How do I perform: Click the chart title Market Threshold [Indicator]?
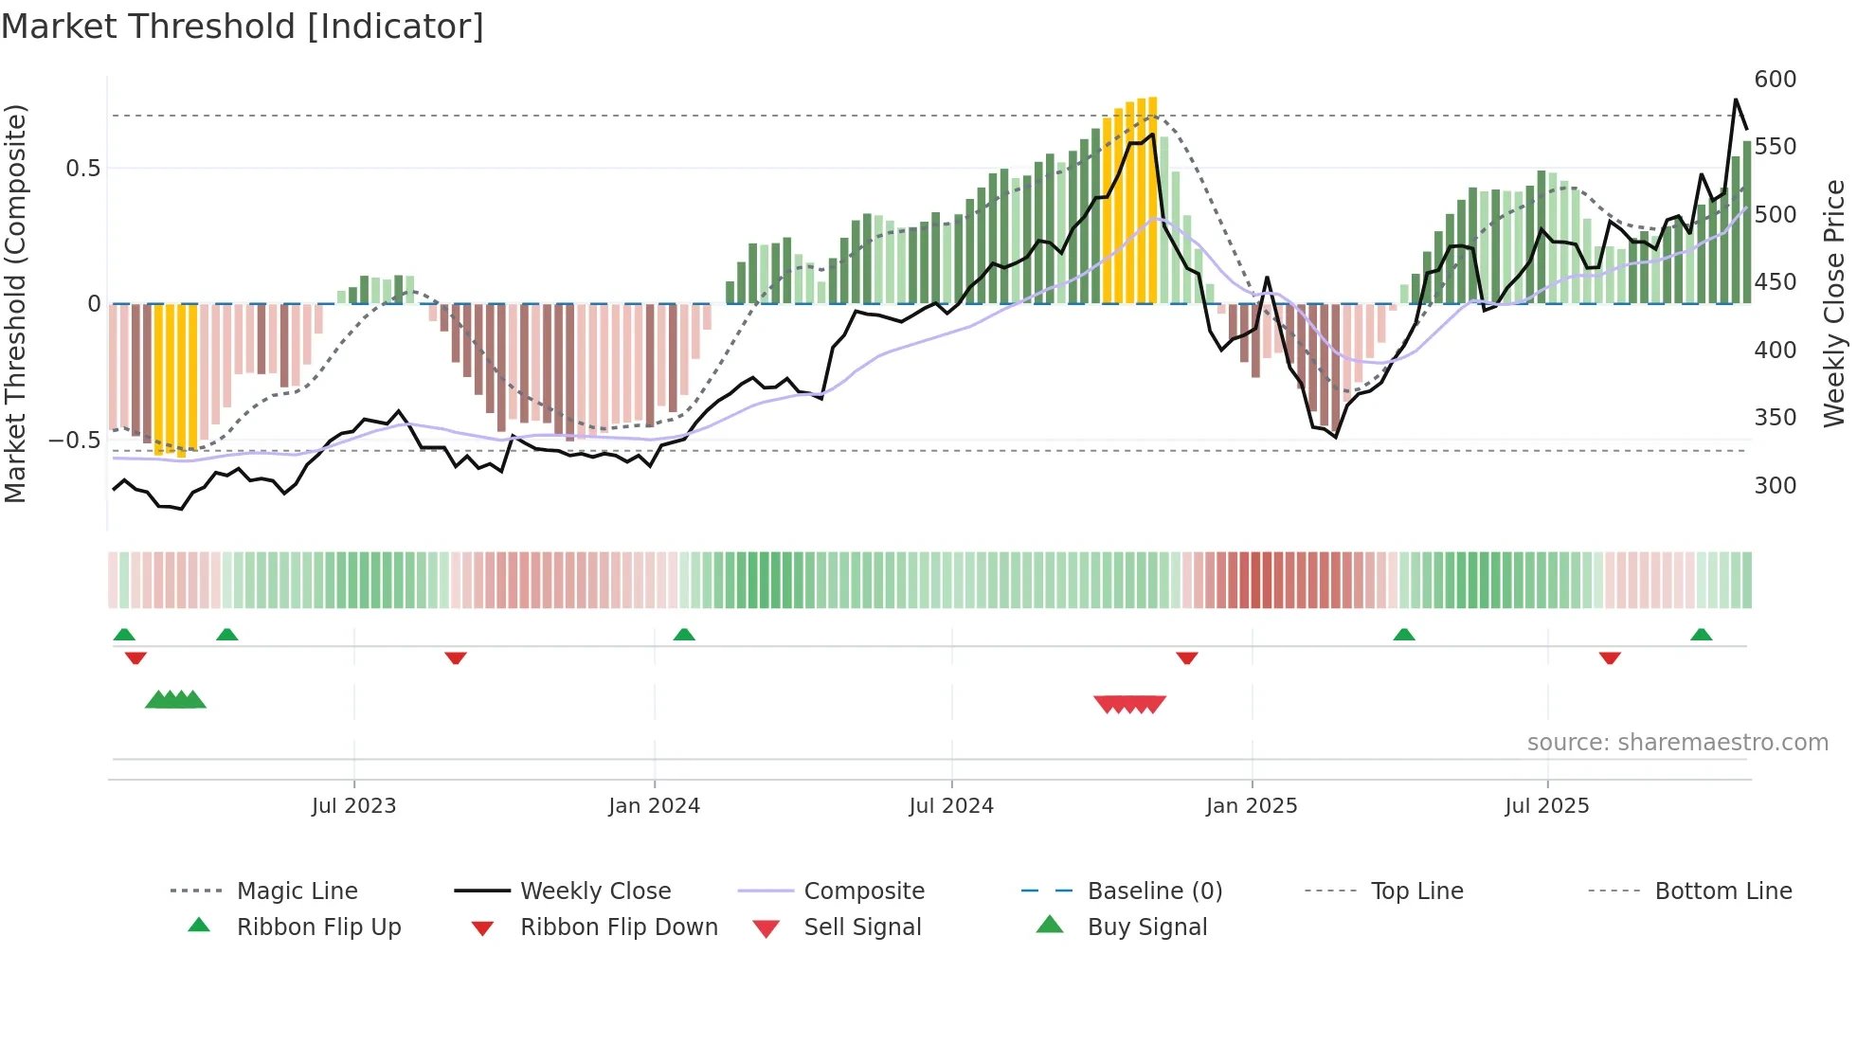point(243,27)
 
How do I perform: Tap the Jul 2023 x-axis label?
point(353,806)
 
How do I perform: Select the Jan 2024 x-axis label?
point(654,806)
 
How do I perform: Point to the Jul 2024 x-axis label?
point(951,806)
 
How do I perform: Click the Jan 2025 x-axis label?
point(1252,806)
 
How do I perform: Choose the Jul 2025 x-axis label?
point(1547,806)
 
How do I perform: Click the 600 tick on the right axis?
point(1775,80)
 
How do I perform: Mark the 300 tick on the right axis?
point(1775,486)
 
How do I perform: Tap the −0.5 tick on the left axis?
point(74,441)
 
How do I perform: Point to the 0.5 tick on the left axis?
point(82,169)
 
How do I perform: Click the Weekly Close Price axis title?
point(1834,303)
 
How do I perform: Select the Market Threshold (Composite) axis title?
point(15,303)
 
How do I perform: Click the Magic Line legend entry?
point(297,891)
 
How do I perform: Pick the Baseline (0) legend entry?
point(1154,891)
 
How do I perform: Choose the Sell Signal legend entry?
point(861,927)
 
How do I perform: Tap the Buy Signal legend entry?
point(1146,927)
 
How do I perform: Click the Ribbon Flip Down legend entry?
point(618,927)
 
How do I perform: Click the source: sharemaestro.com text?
point(1677,743)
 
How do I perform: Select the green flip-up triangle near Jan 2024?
point(684,635)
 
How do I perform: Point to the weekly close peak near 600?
point(1736,99)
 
